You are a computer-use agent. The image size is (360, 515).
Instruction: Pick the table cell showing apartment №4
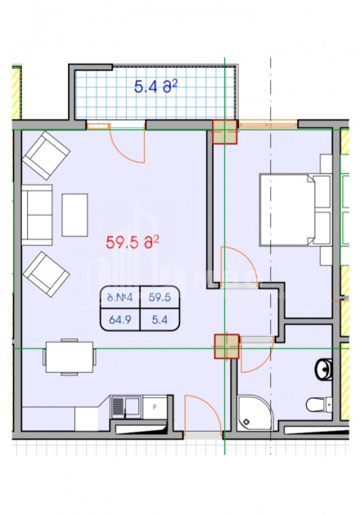pos(119,298)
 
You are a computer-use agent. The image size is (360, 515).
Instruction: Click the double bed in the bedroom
pos(286,209)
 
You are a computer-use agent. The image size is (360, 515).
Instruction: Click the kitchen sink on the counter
pos(125,404)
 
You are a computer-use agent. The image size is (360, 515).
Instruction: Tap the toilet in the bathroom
pos(315,404)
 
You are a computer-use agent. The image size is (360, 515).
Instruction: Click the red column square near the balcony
pos(224,132)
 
